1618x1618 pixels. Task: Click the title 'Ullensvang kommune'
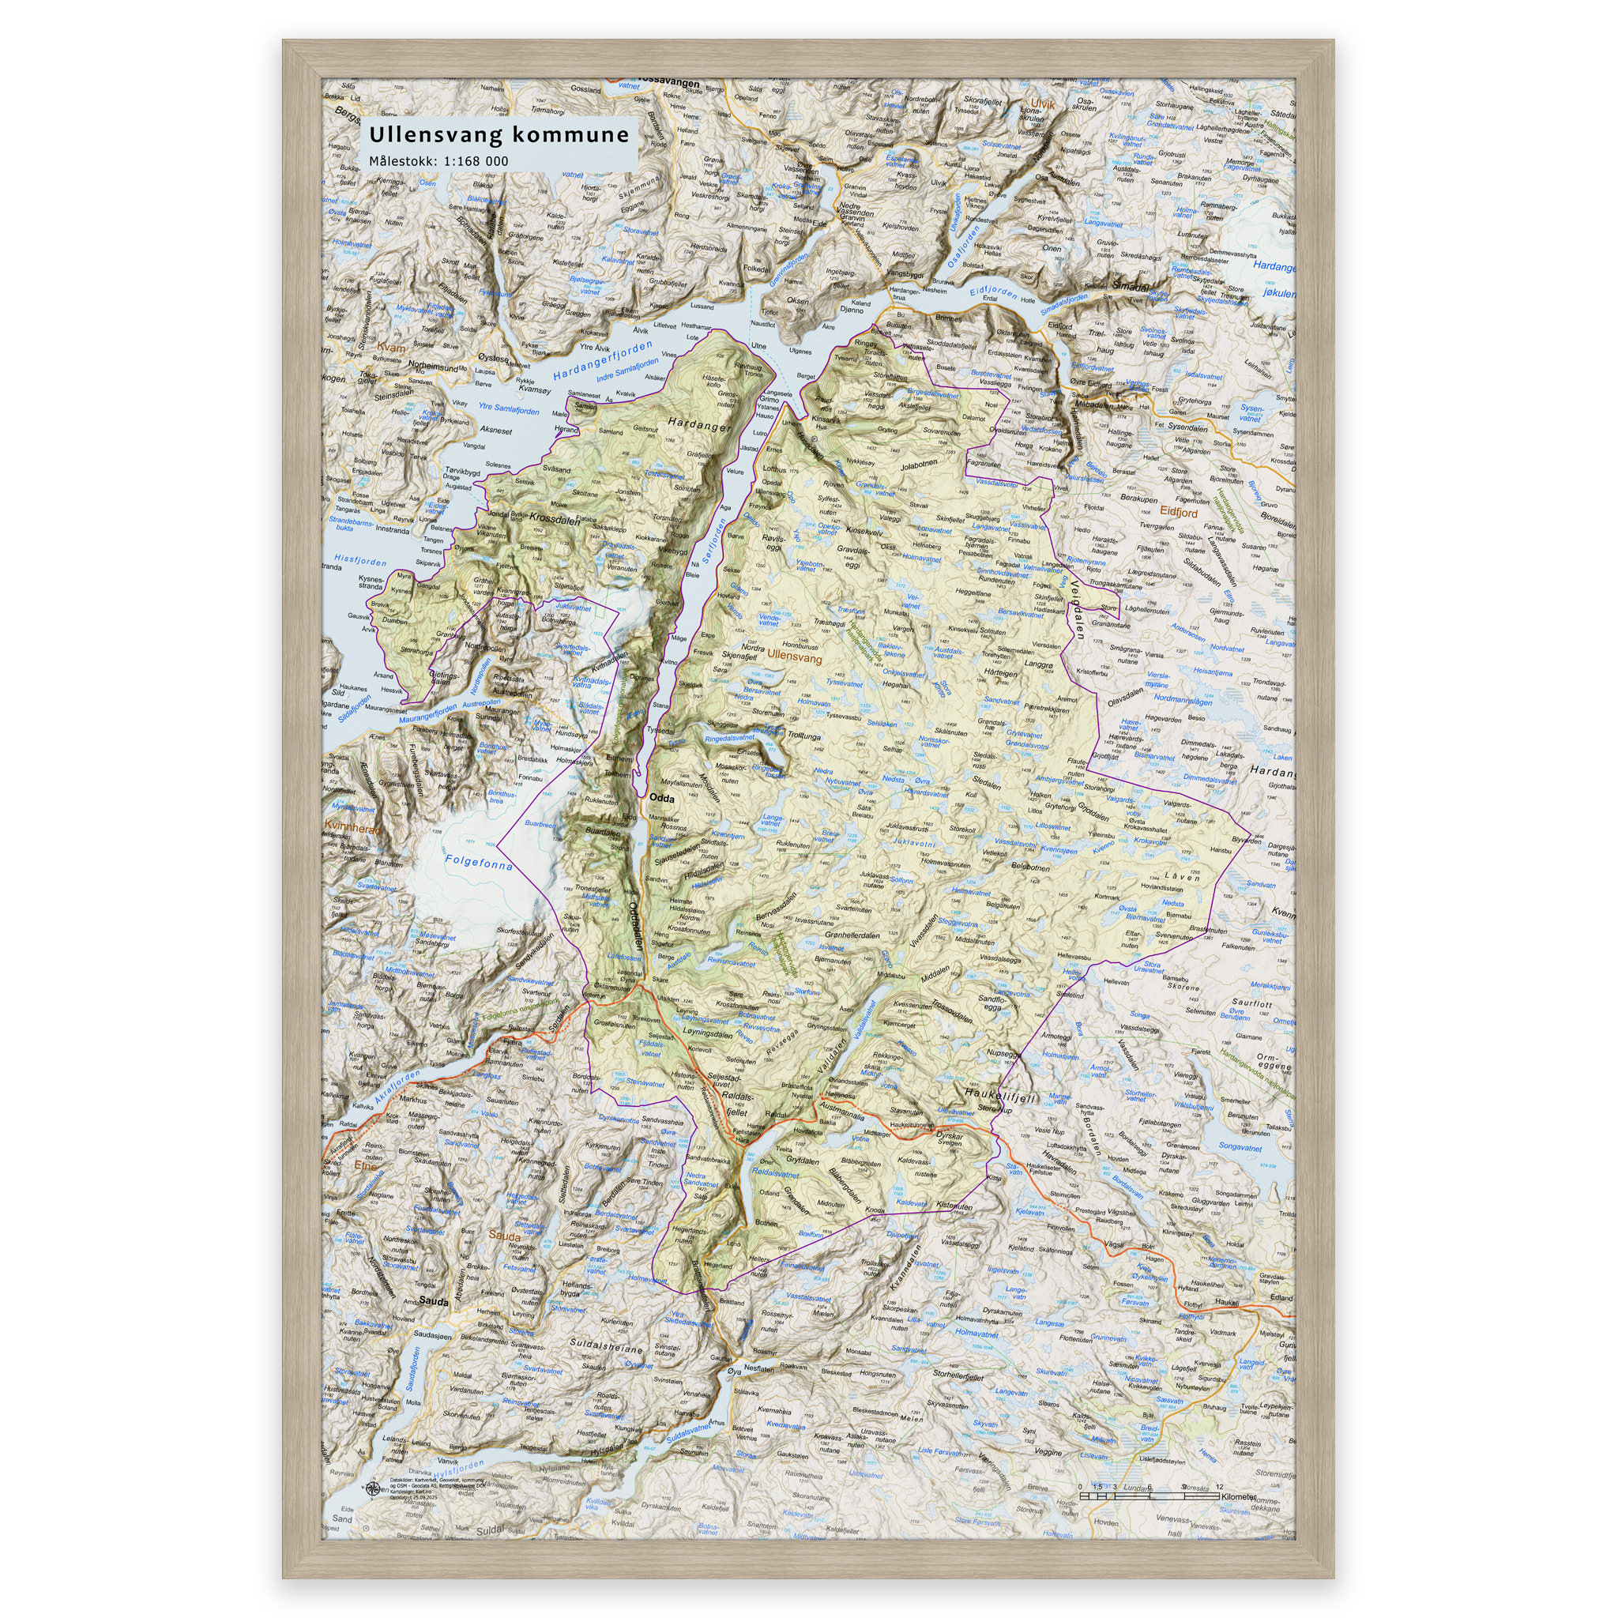(499, 135)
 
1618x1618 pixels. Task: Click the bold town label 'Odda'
(661, 799)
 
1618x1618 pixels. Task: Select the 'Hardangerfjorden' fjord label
(602, 361)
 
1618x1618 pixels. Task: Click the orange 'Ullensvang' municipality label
(795, 658)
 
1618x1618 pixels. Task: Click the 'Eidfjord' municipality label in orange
(1180, 512)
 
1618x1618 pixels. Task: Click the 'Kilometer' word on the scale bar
(1239, 1496)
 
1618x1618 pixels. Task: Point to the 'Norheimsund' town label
(433, 367)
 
